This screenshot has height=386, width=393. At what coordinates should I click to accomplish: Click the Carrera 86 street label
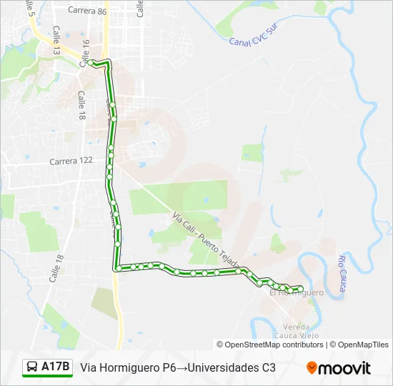tap(87, 11)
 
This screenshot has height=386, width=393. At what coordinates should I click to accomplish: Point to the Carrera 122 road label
tap(71, 161)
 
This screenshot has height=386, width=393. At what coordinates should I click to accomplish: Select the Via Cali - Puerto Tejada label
tap(206, 235)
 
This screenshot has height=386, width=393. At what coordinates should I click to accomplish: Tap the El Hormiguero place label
tap(297, 293)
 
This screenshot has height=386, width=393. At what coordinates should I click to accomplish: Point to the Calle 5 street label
tap(30, 9)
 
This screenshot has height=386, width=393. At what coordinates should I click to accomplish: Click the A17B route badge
tap(48, 367)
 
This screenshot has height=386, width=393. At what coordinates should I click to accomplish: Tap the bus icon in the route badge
tap(32, 367)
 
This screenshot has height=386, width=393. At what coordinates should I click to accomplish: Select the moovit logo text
tap(344, 368)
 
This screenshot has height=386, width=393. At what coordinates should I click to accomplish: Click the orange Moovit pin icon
tap(312, 368)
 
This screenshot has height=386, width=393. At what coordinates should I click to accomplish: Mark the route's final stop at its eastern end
tap(301, 289)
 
